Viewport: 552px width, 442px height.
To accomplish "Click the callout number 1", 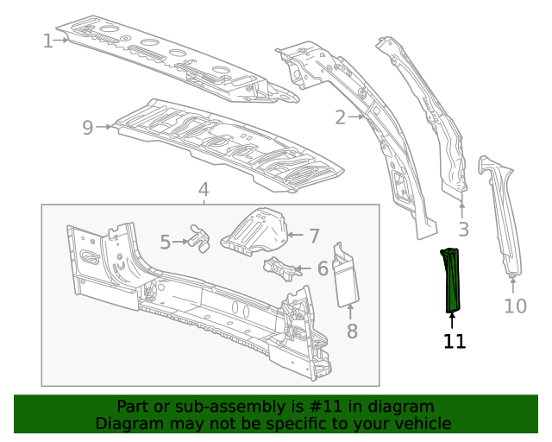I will [x=48, y=40].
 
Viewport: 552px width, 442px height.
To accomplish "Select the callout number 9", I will [x=87, y=128].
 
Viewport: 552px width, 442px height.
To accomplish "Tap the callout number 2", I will [x=340, y=117].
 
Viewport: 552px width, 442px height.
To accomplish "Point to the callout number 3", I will [x=463, y=229].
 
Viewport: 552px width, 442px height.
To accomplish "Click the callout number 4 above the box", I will [x=204, y=189].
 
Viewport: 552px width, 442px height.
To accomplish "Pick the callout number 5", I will [x=165, y=243].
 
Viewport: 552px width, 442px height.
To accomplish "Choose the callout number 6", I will [x=323, y=268].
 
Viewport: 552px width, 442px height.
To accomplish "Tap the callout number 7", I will [x=314, y=235].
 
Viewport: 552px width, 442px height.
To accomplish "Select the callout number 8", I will [x=352, y=331].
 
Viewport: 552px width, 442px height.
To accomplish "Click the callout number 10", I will [x=515, y=306].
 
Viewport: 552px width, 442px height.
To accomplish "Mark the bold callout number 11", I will [x=455, y=342].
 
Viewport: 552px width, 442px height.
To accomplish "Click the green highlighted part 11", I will [x=451, y=279].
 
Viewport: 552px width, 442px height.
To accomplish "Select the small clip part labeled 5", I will [x=200, y=237].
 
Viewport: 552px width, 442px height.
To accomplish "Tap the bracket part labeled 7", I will [x=254, y=229].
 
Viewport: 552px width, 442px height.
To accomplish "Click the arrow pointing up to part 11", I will [x=452, y=319].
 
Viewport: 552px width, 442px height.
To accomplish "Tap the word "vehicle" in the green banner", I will [x=418, y=423].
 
